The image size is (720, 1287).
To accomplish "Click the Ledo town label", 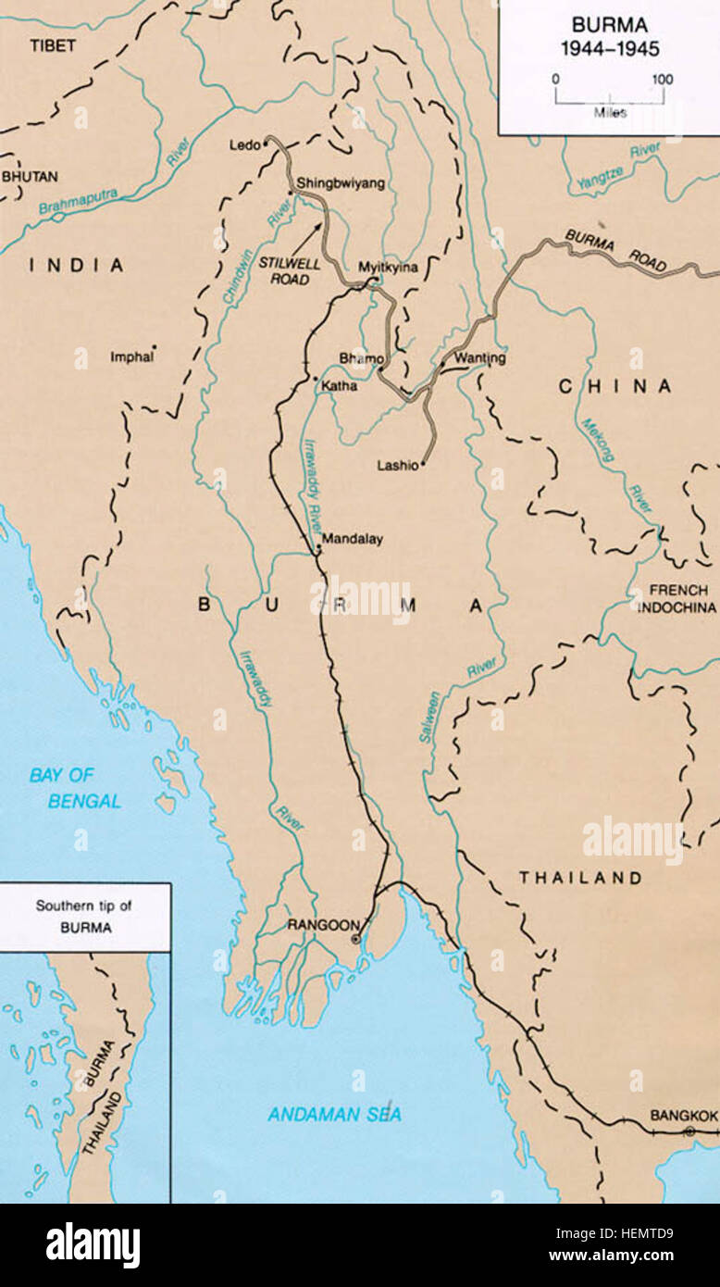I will click(x=244, y=144).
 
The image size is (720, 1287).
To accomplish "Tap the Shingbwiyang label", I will click(x=341, y=183).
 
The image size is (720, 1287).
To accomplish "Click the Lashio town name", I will click(x=397, y=466).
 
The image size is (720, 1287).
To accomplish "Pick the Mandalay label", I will click(x=352, y=539).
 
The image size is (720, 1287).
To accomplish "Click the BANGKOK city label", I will click(x=683, y=1116).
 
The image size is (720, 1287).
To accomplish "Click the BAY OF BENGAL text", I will click(x=74, y=788).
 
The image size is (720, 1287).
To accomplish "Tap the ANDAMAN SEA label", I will click(x=335, y=1115).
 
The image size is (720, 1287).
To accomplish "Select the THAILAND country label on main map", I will click(x=579, y=878).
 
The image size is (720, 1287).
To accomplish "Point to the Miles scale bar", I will click(x=608, y=97).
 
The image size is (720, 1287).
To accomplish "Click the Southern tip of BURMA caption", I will click(x=83, y=916).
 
